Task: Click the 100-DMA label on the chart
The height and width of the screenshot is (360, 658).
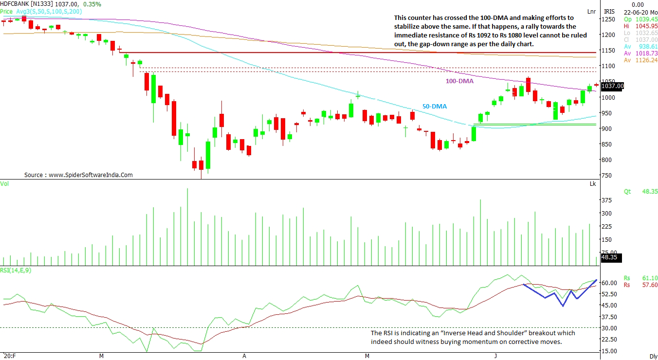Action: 459,81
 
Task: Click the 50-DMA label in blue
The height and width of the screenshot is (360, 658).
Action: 434,106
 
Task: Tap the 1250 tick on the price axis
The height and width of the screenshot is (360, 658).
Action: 609,19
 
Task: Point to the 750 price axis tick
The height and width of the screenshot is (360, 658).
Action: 607,175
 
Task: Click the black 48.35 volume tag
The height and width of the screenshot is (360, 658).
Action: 610,257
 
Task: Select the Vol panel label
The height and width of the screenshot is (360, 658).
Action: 4,183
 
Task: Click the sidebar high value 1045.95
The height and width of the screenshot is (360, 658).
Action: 647,26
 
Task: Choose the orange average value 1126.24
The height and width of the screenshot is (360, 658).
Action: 647,60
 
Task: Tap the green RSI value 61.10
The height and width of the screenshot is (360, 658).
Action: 650,278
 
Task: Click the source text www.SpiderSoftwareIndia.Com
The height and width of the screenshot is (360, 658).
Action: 90,175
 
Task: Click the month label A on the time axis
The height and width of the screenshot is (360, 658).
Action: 244,356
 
